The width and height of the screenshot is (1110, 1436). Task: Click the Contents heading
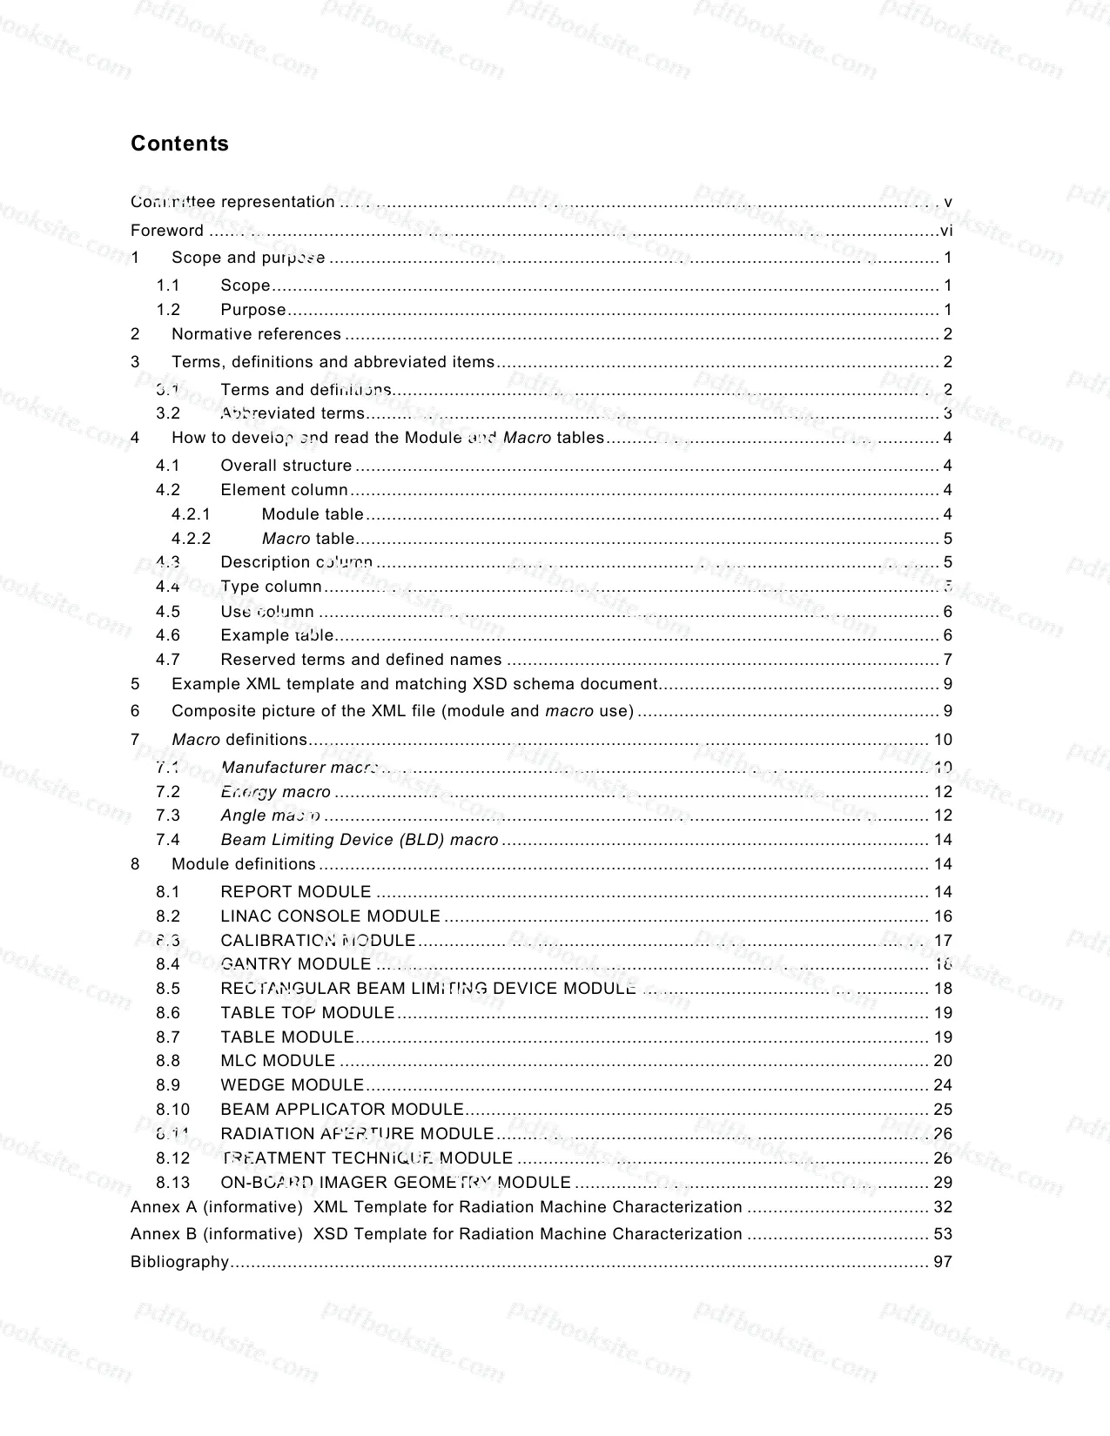(x=179, y=144)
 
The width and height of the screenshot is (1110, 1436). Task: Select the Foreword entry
(x=167, y=230)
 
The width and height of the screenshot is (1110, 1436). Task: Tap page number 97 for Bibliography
(x=943, y=1262)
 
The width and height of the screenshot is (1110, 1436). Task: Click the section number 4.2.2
(x=191, y=539)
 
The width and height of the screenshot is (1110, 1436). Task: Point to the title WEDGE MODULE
(x=292, y=1085)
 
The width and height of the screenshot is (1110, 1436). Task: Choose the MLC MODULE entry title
(x=278, y=1061)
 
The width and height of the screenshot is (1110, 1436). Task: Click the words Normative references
(x=256, y=334)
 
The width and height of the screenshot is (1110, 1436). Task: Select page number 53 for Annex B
(x=943, y=1234)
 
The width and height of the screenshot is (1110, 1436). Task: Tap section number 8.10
(x=172, y=1110)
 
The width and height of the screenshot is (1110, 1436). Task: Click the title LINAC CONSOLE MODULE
(x=330, y=916)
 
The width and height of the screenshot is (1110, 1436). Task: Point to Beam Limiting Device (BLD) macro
(x=360, y=840)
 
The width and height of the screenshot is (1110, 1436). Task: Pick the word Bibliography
(x=179, y=1262)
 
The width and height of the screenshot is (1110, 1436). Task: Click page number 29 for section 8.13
(x=943, y=1183)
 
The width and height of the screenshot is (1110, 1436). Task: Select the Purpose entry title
(x=253, y=310)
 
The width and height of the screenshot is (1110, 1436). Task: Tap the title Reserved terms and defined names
(x=361, y=660)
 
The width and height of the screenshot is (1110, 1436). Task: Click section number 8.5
(x=168, y=989)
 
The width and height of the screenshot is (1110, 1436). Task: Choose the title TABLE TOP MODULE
(x=307, y=1013)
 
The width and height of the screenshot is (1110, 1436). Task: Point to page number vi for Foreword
(x=946, y=231)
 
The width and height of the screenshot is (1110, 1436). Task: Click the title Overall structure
(x=286, y=466)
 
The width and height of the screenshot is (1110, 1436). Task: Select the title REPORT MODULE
(x=296, y=892)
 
